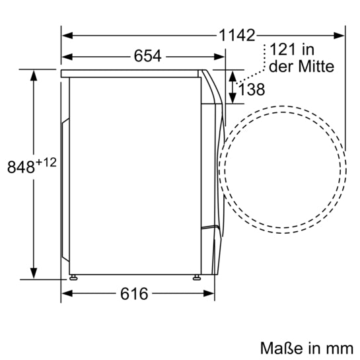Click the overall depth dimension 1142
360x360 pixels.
tap(237, 36)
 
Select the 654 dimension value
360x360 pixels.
tap(148, 56)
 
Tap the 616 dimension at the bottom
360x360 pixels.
tap(134, 293)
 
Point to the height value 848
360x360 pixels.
tap(20, 168)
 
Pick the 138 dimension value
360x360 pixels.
tap(252, 90)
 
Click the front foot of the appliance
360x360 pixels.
tap(197, 276)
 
